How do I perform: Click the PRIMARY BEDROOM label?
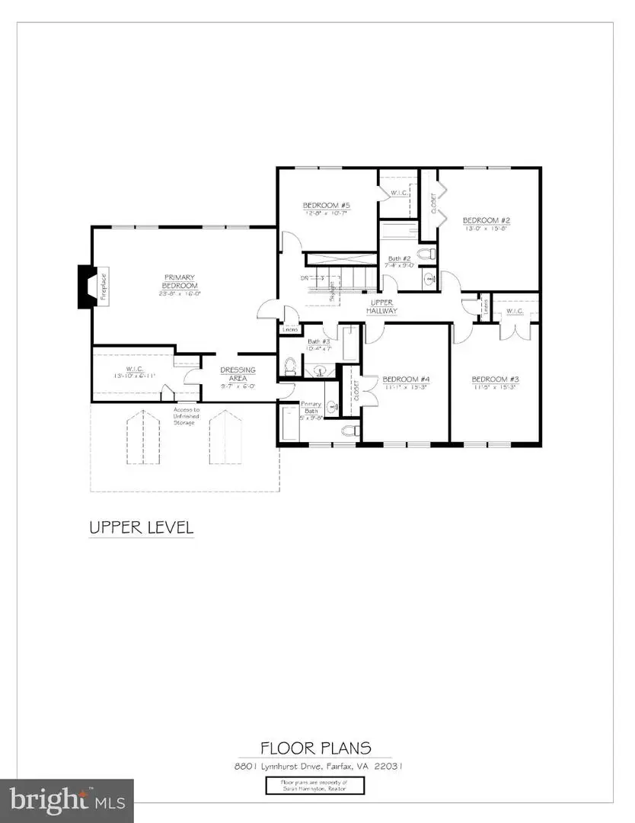click(x=179, y=280)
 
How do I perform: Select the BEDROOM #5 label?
click(x=326, y=206)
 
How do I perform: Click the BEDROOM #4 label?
click(x=406, y=379)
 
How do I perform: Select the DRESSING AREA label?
click(x=238, y=373)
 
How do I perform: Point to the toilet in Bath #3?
click(x=289, y=367)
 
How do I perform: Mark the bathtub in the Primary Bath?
click(x=290, y=424)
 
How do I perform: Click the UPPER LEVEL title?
click(x=142, y=527)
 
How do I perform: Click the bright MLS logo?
click(x=67, y=800)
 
